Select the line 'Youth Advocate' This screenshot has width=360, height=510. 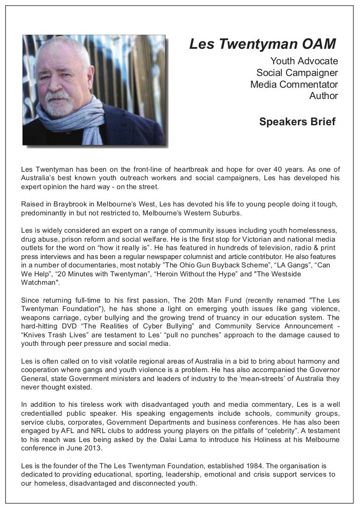[x=304, y=61]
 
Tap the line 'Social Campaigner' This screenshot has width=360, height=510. [x=297, y=73]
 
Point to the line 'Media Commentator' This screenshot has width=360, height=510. [x=294, y=84]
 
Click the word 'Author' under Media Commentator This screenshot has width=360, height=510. [x=323, y=96]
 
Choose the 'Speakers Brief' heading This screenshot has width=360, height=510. [x=297, y=122]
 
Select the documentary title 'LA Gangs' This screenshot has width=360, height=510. [x=287, y=265]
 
